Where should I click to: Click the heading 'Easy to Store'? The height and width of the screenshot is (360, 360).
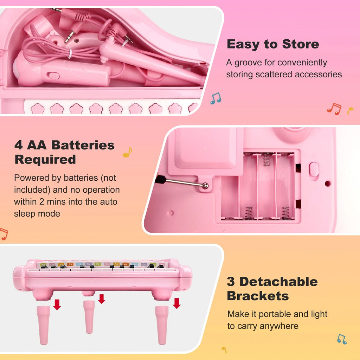273,44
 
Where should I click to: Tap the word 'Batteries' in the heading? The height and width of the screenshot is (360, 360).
83,145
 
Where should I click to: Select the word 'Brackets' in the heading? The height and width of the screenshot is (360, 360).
258,296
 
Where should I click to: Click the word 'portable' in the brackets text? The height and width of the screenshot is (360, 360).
275,314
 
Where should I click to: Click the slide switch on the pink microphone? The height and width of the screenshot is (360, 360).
53,76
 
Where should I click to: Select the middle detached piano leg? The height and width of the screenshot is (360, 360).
89,317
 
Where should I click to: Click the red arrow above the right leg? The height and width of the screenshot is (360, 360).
176,303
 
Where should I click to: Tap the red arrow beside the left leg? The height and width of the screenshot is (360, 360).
57,305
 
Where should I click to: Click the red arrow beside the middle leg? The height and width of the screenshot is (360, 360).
102,299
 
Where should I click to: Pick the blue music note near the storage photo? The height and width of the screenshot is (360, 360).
216,98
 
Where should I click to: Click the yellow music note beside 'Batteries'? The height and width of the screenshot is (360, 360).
127,152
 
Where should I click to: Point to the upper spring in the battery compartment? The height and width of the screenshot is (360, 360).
266,159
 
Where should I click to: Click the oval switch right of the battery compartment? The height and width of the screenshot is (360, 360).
314,169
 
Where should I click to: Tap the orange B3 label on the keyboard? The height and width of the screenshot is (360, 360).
70,264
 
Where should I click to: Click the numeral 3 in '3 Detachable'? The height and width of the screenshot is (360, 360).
231,282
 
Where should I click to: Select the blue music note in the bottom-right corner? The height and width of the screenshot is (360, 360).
342,339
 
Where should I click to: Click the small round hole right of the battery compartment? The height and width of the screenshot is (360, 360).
328,184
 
